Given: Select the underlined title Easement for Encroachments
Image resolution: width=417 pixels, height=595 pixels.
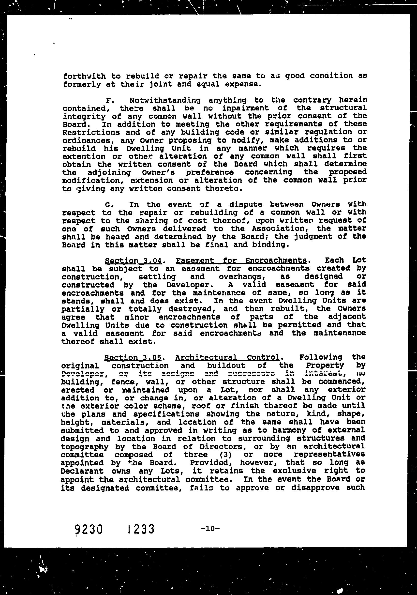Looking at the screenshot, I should coord(241,260).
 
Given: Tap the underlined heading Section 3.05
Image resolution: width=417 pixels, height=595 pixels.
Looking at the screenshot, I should coord(133,358).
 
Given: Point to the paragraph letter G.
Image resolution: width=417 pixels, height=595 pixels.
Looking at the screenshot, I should coord(108,205).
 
